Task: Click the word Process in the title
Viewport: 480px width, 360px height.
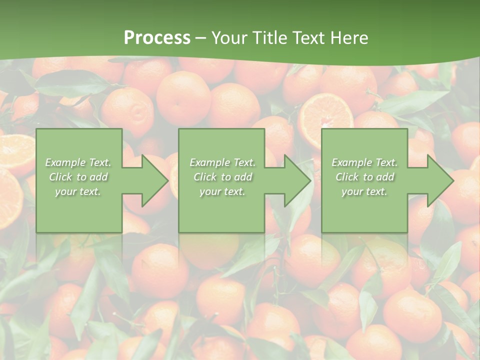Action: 157,38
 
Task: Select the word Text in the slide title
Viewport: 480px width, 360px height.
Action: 308,38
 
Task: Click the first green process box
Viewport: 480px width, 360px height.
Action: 79,210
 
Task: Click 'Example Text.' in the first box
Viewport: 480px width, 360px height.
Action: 78,162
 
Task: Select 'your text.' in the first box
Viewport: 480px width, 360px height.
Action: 78,191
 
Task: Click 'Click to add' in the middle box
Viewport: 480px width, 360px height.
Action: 222,177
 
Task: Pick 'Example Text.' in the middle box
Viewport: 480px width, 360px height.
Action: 222,162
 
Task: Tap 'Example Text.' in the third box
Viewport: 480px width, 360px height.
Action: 364,162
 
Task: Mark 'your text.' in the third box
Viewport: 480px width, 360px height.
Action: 364,191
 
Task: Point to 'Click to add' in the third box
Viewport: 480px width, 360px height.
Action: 364,177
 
